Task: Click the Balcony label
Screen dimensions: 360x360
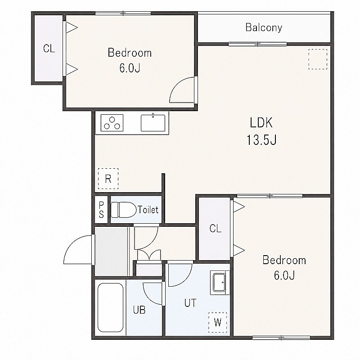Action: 264,27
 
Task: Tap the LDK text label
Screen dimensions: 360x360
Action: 261,122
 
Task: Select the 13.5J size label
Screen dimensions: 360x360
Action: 261,139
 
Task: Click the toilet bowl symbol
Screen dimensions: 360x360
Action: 123,210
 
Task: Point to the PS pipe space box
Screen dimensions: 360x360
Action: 101,209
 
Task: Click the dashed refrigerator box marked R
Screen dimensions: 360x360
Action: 108,179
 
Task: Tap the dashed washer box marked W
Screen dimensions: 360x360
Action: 218,322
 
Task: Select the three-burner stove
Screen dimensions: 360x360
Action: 112,123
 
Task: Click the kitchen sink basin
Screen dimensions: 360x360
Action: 153,123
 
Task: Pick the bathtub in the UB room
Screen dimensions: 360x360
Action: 110,307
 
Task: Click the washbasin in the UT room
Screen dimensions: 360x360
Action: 220,283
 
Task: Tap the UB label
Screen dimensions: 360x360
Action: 139,310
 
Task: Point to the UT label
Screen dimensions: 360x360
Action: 190,303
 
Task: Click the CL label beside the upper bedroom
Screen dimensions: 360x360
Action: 49,49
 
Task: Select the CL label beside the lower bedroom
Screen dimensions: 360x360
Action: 216,229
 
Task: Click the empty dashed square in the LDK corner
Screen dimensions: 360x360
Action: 318,59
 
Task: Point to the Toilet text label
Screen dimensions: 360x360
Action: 148,210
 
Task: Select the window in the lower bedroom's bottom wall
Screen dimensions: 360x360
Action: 281,337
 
